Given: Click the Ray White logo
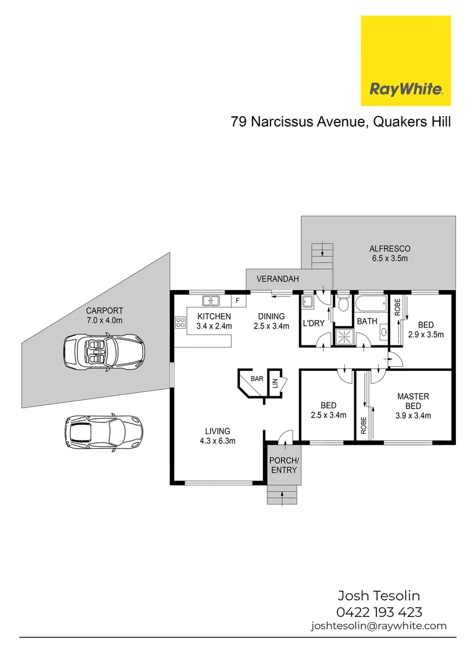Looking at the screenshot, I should click(x=406, y=60).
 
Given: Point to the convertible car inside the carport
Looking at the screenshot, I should click(x=104, y=352).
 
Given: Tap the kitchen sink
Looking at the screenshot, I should click(x=211, y=301).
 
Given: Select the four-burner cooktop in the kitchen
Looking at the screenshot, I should click(x=181, y=322).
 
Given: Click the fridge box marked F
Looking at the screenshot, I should click(x=236, y=301).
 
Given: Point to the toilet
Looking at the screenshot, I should click(x=343, y=304).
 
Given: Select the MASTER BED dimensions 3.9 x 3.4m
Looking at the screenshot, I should click(x=413, y=416).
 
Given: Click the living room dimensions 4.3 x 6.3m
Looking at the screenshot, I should click(x=217, y=440).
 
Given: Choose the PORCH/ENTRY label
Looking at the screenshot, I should click(x=284, y=465).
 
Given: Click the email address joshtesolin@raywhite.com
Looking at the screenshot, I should click(x=378, y=626).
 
